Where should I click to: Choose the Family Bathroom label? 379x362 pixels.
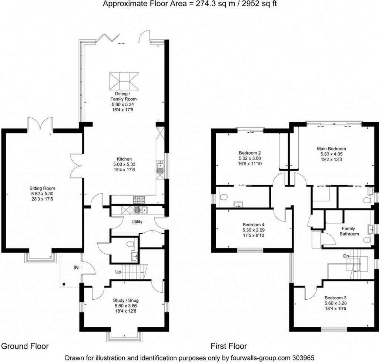click(x=350, y=231)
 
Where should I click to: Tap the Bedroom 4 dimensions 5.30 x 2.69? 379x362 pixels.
click(x=253, y=230)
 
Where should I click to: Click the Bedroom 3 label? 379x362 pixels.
click(x=336, y=297)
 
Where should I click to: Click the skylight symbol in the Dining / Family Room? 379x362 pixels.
click(x=124, y=81)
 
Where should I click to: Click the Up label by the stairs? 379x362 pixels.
click(x=118, y=272)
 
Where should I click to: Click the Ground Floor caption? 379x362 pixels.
click(x=25, y=346)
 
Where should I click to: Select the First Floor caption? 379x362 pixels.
click(x=228, y=346)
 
